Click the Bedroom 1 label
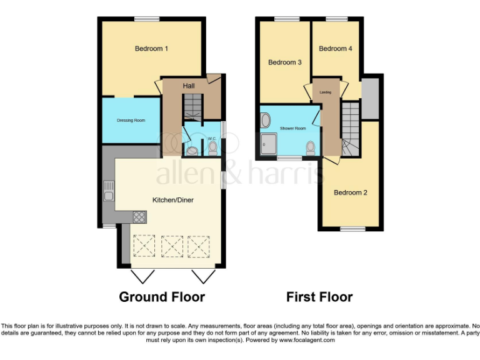point(151,49)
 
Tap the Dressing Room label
point(131,120)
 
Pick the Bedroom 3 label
point(285,62)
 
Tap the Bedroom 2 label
point(350,192)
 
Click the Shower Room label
point(292,128)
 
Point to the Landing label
point(326,92)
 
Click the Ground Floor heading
point(162,297)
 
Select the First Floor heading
point(319,297)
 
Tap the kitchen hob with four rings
point(139,217)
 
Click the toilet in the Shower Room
point(310,147)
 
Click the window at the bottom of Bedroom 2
point(352,229)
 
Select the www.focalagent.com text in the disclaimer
point(306,341)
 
